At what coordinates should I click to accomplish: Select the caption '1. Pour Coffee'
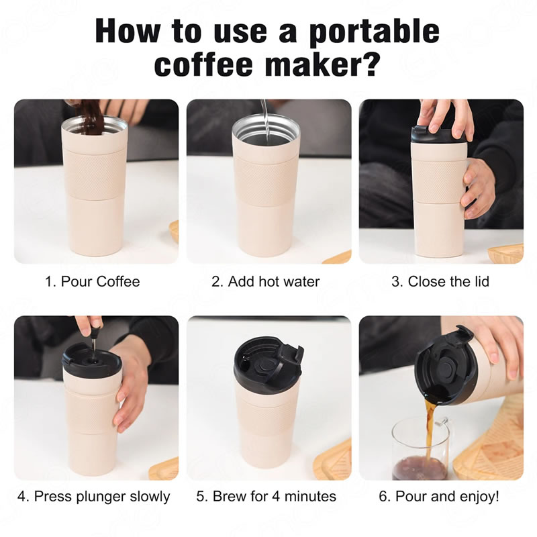pos(93,281)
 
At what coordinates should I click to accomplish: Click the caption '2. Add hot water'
pos(265,281)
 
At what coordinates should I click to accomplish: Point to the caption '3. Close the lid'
pos(440,281)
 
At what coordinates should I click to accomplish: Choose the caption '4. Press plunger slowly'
pos(93,496)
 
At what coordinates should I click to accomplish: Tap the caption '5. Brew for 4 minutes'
pos(266,496)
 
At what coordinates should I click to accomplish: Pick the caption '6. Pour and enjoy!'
pos(439,496)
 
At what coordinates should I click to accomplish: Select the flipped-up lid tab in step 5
pos(291,358)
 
